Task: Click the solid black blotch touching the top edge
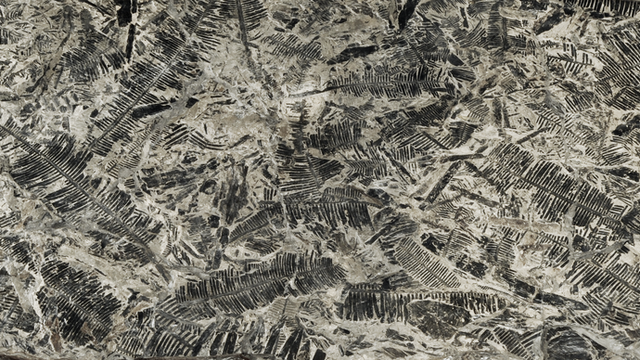[123, 11]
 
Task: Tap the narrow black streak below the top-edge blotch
[130, 42]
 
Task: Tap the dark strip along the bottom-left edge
[56, 355]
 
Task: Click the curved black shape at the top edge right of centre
[406, 11]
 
